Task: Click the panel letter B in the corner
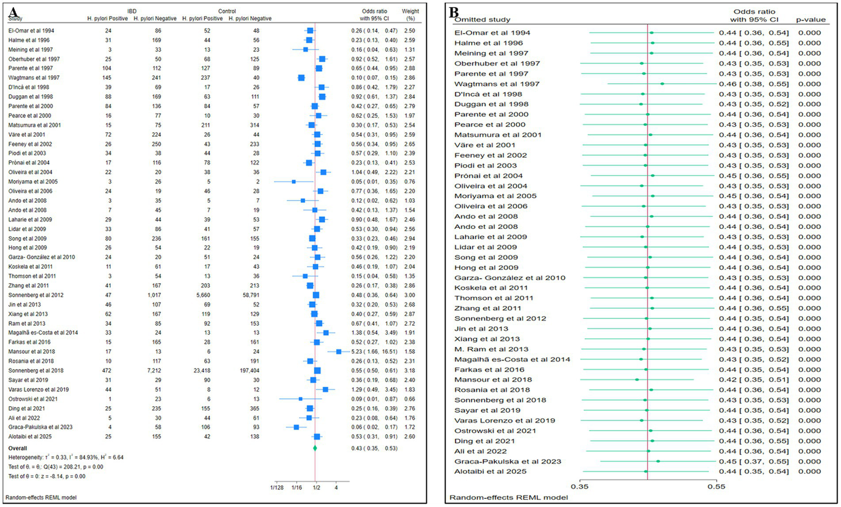pos(454,11)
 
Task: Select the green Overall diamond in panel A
pos(315,448)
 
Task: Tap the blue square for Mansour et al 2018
pos(339,352)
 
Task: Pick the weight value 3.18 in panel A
pos(409,371)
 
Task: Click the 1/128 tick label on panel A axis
pos(277,487)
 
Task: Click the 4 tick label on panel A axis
pos(336,487)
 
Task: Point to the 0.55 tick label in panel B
pos(716,486)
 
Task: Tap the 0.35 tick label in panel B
pos(580,486)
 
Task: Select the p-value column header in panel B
pos(810,20)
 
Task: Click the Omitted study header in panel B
pos(482,20)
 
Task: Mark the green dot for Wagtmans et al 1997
pos(662,84)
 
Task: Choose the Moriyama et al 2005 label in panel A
pos(33,182)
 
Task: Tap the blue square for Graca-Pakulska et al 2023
pos(296,427)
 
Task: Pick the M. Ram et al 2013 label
pos(491,349)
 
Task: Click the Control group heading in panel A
pos(227,11)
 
